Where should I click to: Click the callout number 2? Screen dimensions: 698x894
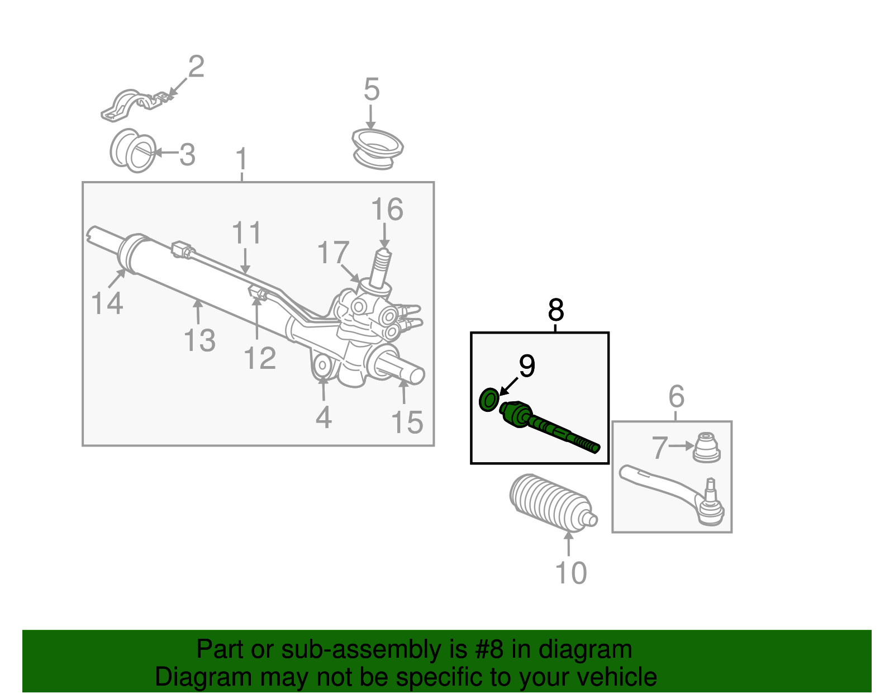196,67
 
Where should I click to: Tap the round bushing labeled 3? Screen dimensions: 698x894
133,151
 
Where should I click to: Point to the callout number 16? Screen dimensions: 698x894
387,210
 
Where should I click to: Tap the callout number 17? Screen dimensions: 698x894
333,253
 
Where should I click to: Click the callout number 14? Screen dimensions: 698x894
107,303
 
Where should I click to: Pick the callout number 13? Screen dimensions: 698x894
199,340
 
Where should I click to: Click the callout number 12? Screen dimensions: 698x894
260,358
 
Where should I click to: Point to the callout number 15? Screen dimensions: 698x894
407,422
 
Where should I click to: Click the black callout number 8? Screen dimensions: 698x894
555,310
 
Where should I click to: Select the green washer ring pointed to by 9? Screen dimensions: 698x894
489,400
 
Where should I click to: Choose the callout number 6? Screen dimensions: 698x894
676,397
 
